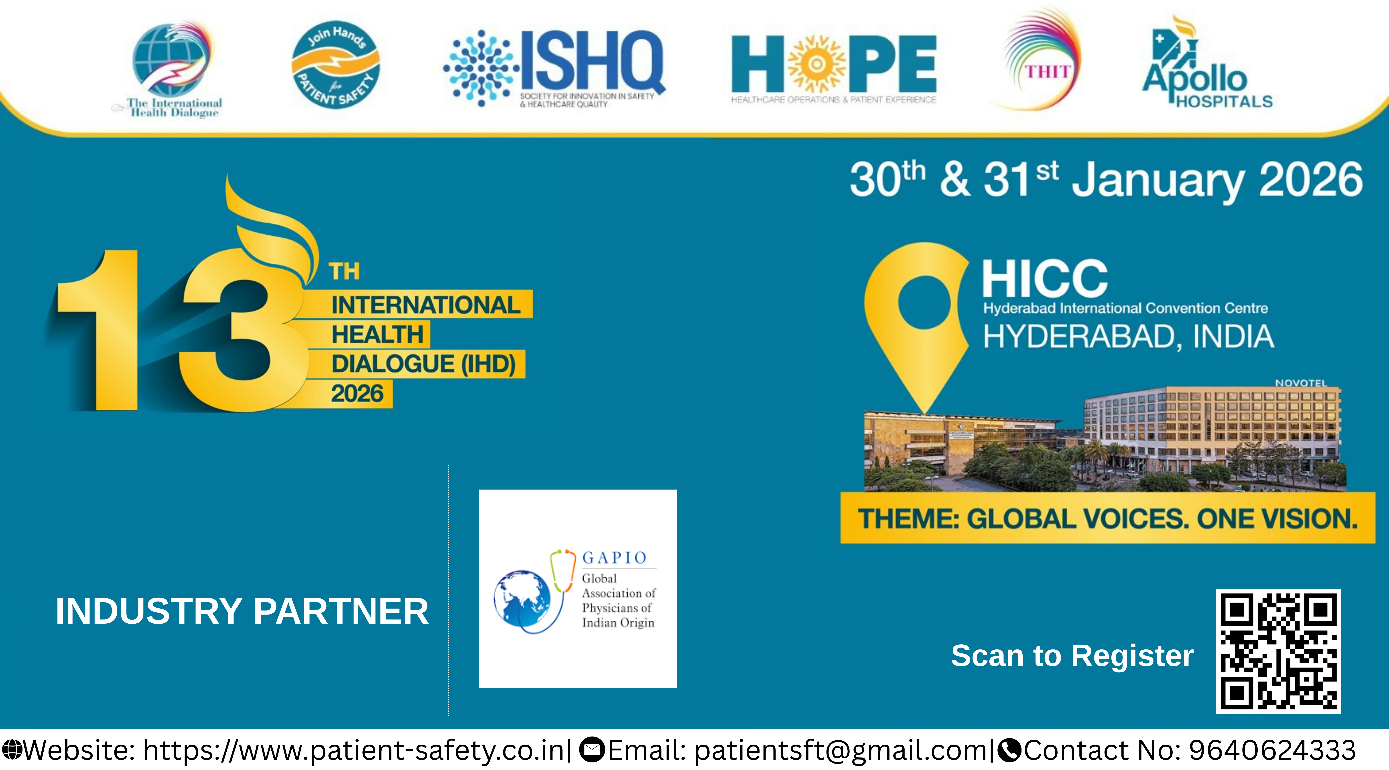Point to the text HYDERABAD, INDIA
click(1128, 337)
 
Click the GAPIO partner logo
click(577, 589)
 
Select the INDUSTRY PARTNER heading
click(242, 611)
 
